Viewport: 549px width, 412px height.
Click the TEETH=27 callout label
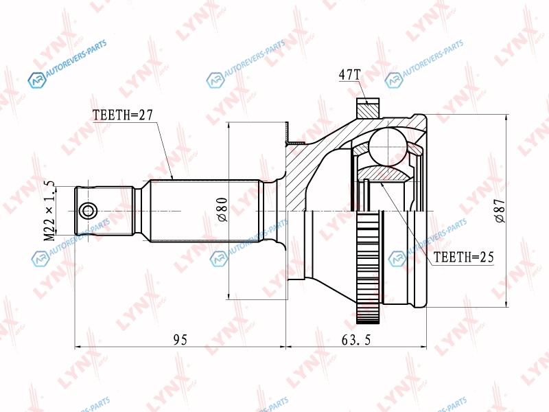click(123, 115)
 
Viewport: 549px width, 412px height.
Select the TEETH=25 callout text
click(464, 257)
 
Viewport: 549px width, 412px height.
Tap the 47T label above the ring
click(349, 75)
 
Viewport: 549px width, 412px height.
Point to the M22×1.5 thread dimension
click(49, 211)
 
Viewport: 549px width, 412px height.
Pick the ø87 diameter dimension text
click(500, 211)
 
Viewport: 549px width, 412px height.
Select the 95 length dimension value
click(180, 339)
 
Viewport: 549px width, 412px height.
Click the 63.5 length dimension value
click(355, 339)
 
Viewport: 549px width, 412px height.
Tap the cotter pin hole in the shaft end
click(87, 211)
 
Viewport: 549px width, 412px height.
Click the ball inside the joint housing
click(388, 146)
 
